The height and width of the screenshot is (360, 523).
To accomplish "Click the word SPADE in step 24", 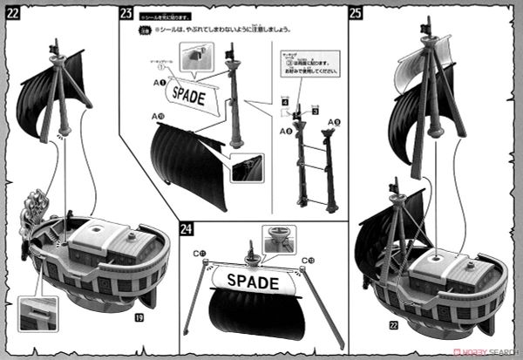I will click(x=253, y=282).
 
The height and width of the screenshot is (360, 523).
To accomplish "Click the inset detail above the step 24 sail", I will click(x=278, y=238).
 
